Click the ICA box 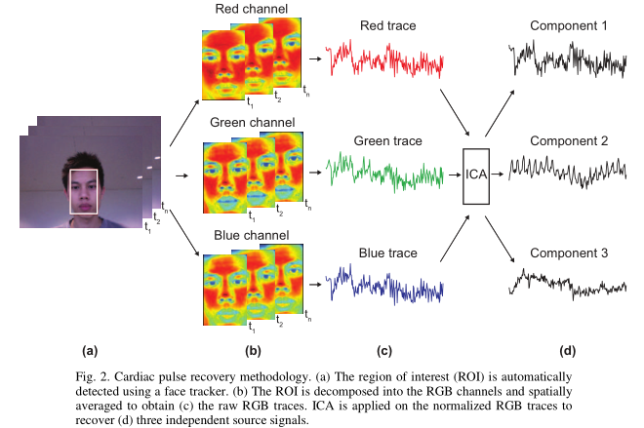[x=477, y=174]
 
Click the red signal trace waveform [x=387, y=60]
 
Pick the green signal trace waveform [x=387, y=173]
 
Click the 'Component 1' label [x=569, y=26]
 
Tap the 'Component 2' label [x=569, y=141]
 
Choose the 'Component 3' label [x=569, y=253]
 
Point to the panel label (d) [x=569, y=348]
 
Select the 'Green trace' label [x=388, y=141]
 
